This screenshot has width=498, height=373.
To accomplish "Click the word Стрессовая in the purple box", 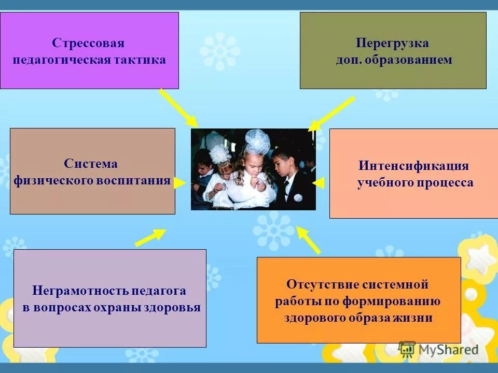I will pyautogui.click(x=88, y=43).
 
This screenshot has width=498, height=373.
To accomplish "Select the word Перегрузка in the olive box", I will pyautogui.click(x=392, y=43).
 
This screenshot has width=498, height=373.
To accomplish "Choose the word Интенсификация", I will pyautogui.click(x=413, y=166).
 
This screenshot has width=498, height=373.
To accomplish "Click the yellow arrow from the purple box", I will pyautogui.click(x=178, y=108).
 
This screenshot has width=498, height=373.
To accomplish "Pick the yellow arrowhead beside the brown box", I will pyautogui.click(x=179, y=182).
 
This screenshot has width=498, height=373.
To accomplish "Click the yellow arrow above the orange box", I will pyautogui.click(x=309, y=240).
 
